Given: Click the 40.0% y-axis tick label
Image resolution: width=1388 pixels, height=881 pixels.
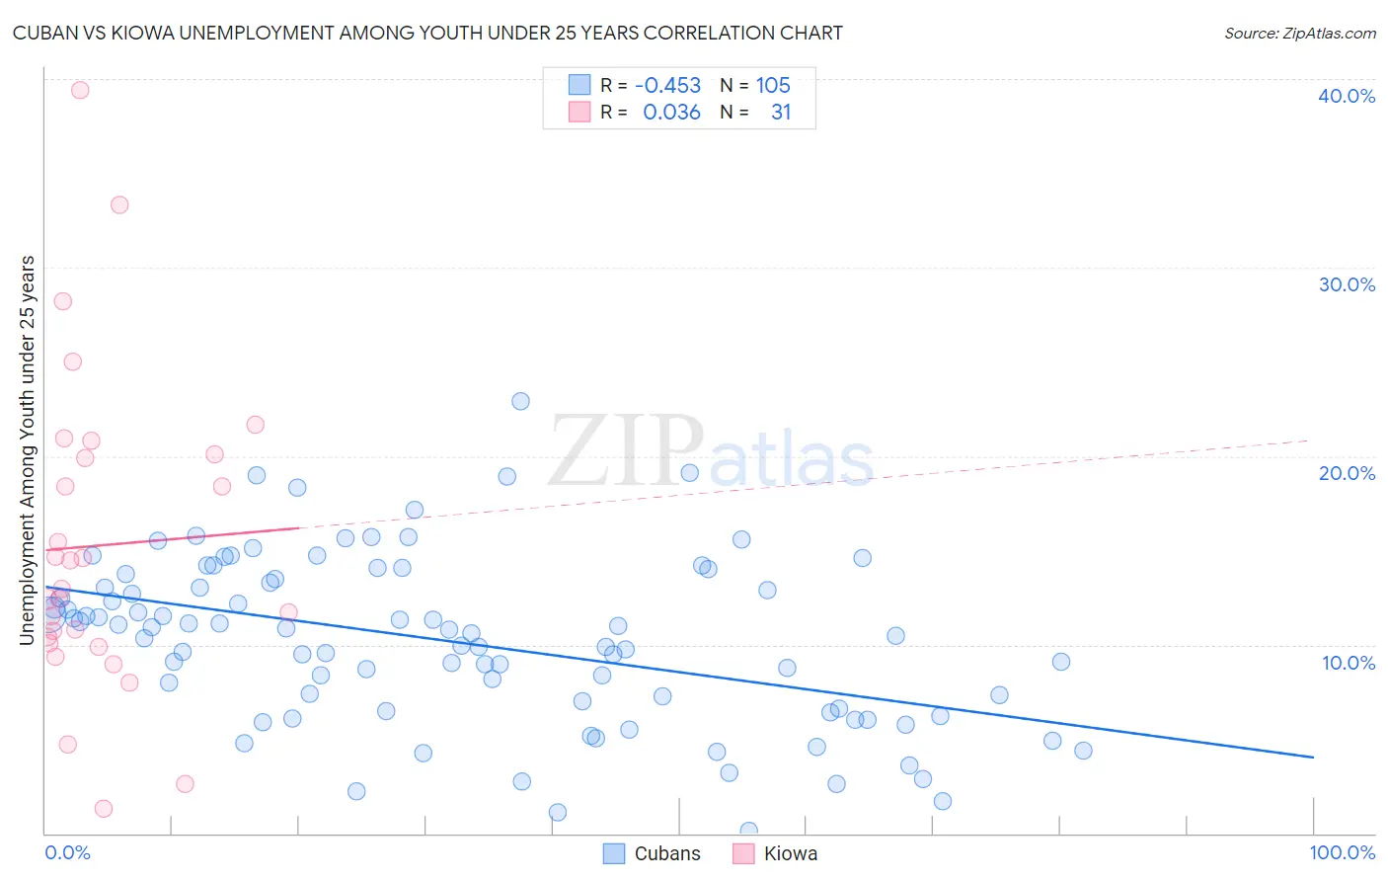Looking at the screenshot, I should pos(1347,96).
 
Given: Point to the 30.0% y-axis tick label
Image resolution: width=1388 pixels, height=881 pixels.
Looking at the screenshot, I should pos(1347,284).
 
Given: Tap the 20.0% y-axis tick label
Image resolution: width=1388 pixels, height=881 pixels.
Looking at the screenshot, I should pos(1347,473).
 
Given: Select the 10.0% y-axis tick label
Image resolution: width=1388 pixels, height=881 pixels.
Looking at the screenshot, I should pos(1348,663).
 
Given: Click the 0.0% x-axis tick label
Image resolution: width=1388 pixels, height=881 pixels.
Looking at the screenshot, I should pos(67,852).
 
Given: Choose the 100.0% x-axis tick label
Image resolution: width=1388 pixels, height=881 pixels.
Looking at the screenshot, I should pos(1342,852).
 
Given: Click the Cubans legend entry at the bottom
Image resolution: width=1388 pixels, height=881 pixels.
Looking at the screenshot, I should pos(653,853).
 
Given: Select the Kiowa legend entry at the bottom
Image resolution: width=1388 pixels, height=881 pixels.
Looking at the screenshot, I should pos(775,853).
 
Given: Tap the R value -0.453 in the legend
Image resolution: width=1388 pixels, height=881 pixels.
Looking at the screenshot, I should pos(667,86).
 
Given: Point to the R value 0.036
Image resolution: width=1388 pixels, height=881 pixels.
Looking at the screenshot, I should pos(671,113).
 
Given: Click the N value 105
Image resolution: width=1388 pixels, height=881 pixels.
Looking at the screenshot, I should pos(773,86).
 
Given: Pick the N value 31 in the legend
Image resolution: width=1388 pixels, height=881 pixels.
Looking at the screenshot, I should pos(781,113).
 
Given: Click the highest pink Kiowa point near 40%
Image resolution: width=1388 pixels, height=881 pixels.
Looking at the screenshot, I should pos(80,90).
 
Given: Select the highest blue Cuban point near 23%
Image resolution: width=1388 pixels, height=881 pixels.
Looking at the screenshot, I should pos(520,401).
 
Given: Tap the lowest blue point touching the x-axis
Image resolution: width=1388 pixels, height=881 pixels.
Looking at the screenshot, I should pos(748,831).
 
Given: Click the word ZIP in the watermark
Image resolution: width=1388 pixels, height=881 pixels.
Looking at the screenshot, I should pos(626,452).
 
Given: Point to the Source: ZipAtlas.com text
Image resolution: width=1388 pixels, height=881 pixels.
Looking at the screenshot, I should pos(1299,34).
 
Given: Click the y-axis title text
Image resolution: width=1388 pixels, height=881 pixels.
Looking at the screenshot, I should pos(27,450).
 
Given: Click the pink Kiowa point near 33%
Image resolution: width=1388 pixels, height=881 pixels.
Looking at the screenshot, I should pos(119,205).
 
